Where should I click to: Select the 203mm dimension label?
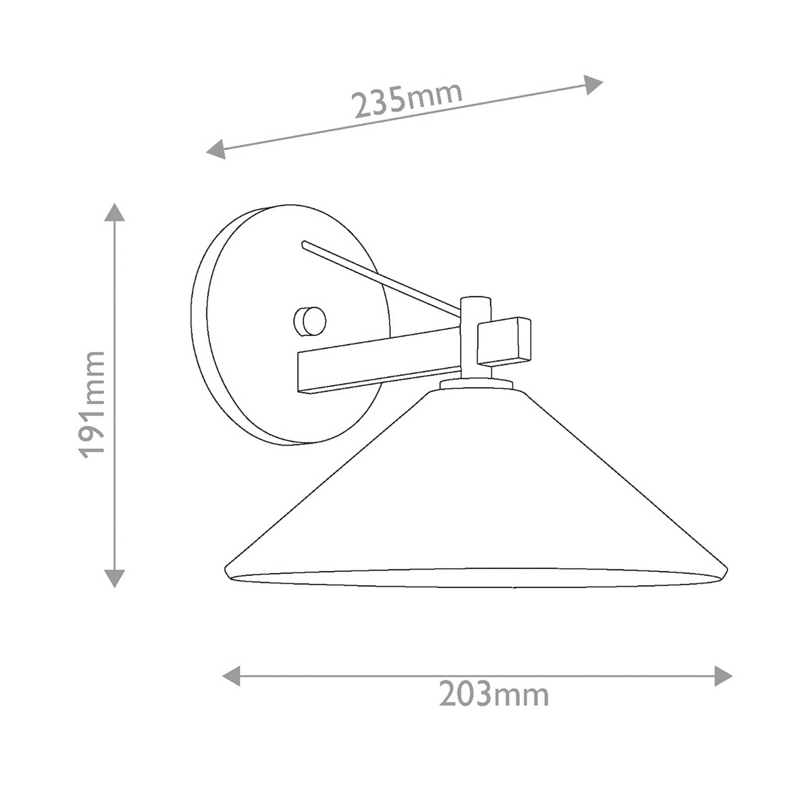tap(494, 694)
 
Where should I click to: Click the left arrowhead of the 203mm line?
tap(231, 676)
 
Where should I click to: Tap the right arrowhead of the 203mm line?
tap(723, 676)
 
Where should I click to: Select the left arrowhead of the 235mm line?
tap(216, 150)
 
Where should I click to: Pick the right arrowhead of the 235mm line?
tap(594, 84)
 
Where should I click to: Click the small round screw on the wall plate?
tap(310, 321)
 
